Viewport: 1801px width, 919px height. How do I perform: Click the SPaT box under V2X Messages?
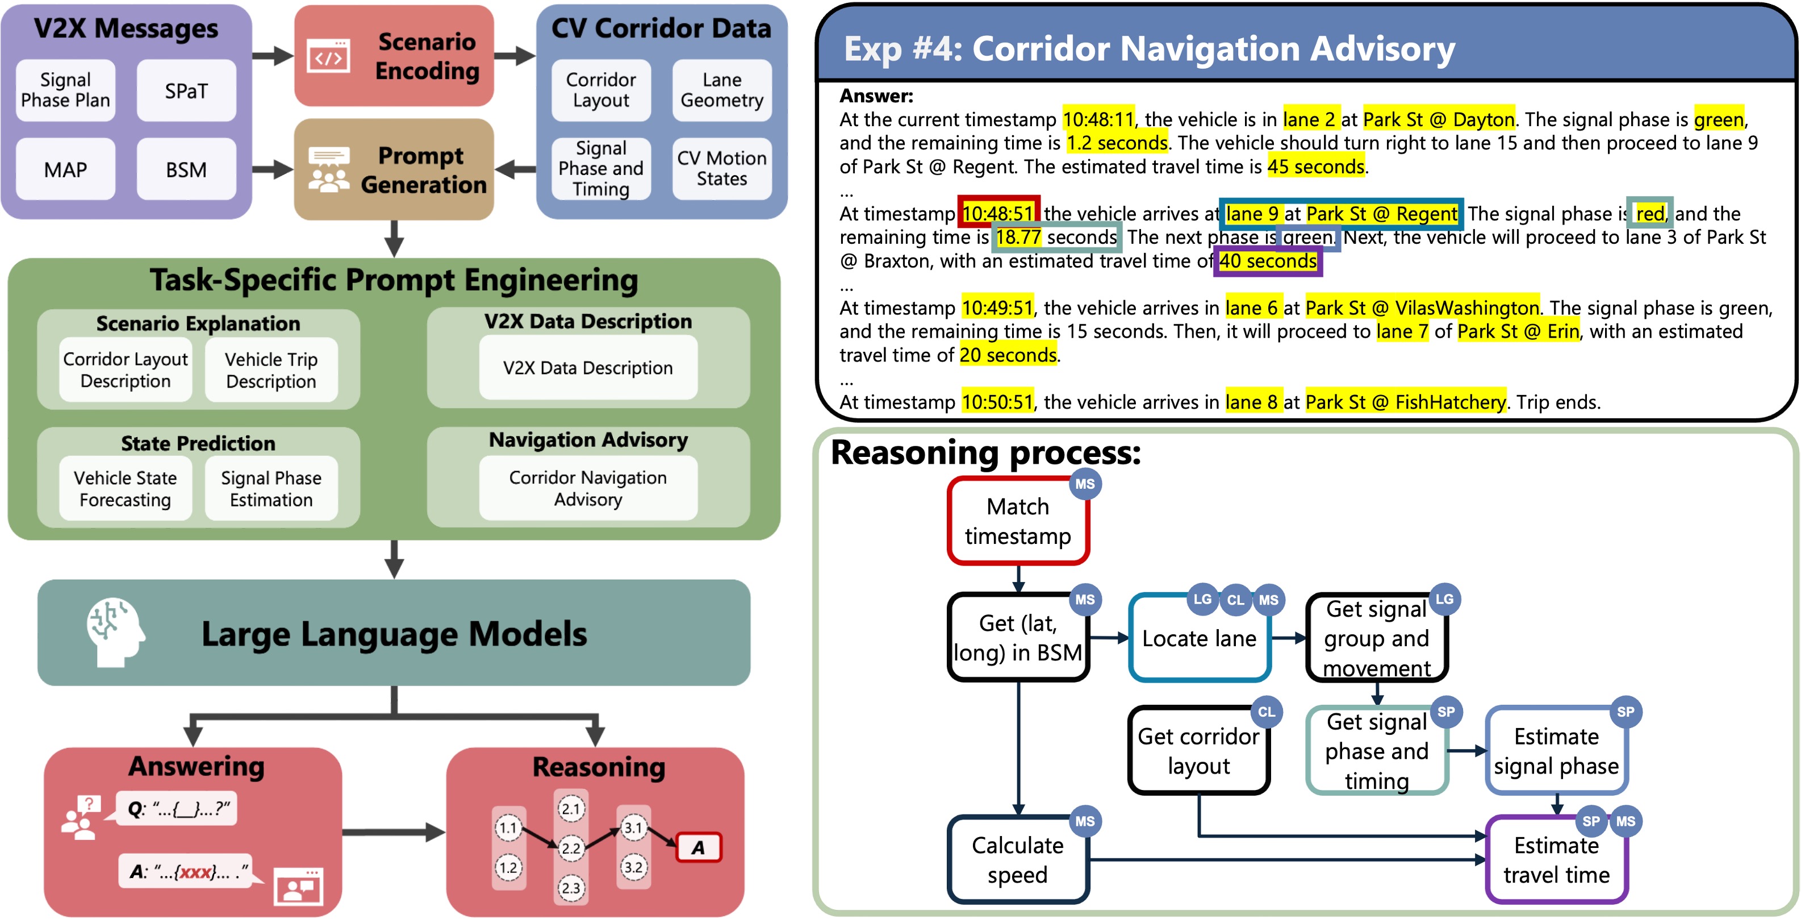tap(186, 91)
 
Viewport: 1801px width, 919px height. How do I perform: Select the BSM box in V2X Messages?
tap(186, 169)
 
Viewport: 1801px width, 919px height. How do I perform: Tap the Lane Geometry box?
tap(721, 90)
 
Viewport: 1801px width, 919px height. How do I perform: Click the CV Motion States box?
tap(721, 169)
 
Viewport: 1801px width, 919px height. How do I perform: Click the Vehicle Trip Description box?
tap(271, 370)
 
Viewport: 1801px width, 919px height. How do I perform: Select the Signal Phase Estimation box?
tap(271, 488)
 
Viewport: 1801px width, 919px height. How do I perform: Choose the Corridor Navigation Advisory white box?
tap(587, 488)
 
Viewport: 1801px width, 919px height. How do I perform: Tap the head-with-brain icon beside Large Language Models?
tap(114, 631)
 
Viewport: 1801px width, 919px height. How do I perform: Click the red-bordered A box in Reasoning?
tap(699, 847)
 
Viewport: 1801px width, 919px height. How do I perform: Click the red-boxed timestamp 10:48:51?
tap(998, 213)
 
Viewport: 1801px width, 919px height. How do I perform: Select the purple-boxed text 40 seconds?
tap(1268, 261)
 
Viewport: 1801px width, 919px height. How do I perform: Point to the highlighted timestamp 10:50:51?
tap(997, 402)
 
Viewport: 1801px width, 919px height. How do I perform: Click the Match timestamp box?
tap(1017, 521)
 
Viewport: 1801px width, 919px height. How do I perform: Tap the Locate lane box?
tap(1199, 638)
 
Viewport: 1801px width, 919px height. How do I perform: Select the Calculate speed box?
tap(1017, 859)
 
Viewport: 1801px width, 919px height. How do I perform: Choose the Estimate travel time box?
tap(1556, 859)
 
